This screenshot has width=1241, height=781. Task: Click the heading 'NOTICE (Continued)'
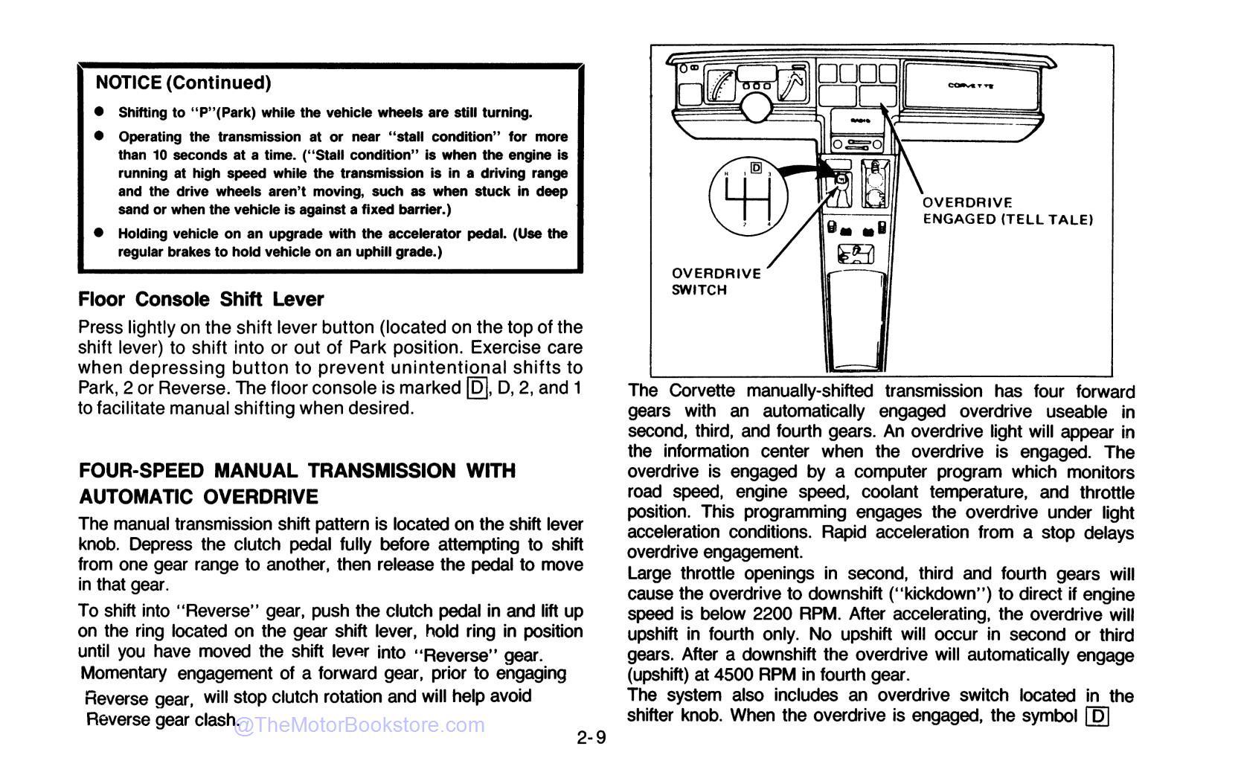tap(183, 83)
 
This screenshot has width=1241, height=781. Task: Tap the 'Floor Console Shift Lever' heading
tap(201, 299)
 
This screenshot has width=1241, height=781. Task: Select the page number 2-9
tap(591, 738)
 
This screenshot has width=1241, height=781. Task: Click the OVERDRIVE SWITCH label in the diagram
tap(716, 281)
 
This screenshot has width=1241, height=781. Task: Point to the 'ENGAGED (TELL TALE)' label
tap(1007, 219)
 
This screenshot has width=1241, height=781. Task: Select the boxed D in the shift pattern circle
tap(755, 167)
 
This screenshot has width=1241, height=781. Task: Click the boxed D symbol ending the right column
tap(1097, 716)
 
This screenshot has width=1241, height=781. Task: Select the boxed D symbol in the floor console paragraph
tap(476, 388)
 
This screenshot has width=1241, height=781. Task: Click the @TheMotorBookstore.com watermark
tap(359, 725)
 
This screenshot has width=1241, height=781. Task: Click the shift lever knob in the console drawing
tap(840, 179)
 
